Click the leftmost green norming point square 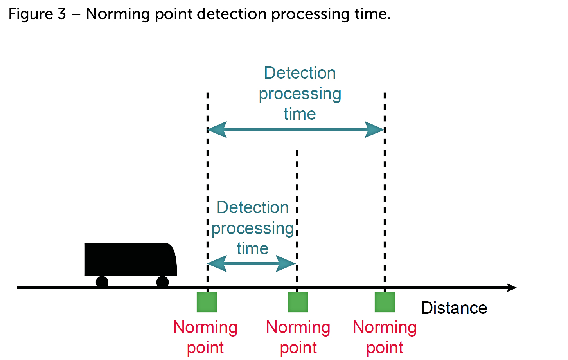pyautogui.click(x=207, y=302)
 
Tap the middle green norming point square pyautogui.click(x=298, y=302)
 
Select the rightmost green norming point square pyautogui.click(x=385, y=302)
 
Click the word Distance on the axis pyautogui.click(x=454, y=308)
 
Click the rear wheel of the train pyautogui.click(x=102, y=282)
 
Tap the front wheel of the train pyautogui.click(x=163, y=282)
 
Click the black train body pyautogui.click(x=129, y=259)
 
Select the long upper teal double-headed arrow pyautogui.click(x=296, y=130)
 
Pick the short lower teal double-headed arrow pyautogui.click(x=251, y=263)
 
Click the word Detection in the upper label pyautogui.click(x=300, y=73)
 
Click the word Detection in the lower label pyautogui.click(x=253, y=208)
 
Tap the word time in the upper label pyautogui.click(x=300, y=114)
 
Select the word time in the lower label pyautogui.click(x=253, y=249)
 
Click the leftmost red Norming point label pyautogui.click(x=205, y=337)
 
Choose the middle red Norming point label pyautogui.click(x=298, y=337)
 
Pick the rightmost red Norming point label pyautogui.click(x=385, y=337)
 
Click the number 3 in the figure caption pyautogui.click(x=62, y=14)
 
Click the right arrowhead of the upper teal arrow pyautogui.click(x=375, y=130)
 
